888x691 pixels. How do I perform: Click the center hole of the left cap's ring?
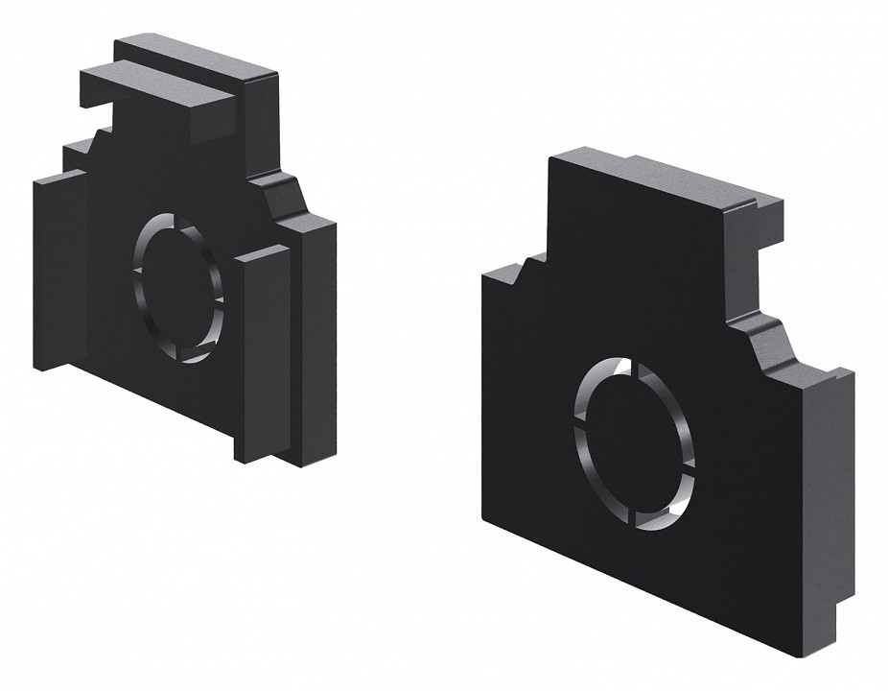(x=179, y=288)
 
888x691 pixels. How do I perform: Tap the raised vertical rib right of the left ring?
(x=263, y=355)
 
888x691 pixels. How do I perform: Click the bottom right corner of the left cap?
(x=305, y=465)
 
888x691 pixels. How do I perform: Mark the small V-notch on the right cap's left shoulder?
(x=522, y=274)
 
